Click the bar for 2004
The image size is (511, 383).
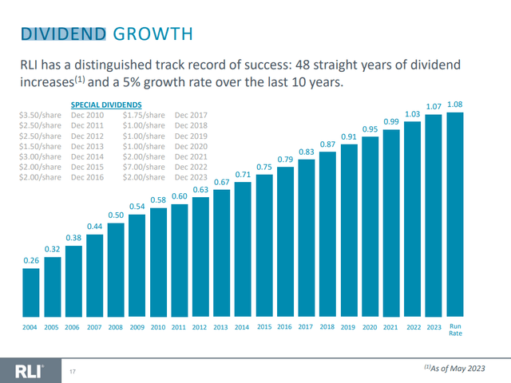coord(31,293)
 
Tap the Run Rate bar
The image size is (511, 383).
coord(455,215)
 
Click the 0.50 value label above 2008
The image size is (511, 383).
coord(117,215)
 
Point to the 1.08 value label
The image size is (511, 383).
coord(455,105)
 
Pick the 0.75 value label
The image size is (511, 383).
coord(264,168)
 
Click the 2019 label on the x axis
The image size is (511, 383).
coord(349,327)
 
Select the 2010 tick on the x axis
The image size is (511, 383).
coord(158,327)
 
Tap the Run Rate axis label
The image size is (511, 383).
coord(455,330)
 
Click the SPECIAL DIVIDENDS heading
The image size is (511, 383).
coord(106,105)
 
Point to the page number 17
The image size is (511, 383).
coord(73,371)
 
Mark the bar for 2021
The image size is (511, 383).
coord(391,223)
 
